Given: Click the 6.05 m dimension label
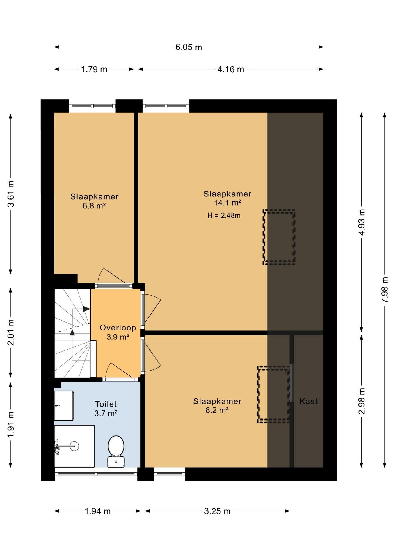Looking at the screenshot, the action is (188, 47).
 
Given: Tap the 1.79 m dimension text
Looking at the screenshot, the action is (94, 69).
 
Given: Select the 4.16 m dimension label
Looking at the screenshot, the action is (231, 69).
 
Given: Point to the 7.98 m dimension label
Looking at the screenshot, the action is (385, 290).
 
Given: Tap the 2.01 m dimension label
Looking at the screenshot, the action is (11, 332).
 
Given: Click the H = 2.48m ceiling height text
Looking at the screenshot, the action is (224, 216).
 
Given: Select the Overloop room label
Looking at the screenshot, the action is (118, 328).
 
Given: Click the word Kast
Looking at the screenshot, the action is (309, 401).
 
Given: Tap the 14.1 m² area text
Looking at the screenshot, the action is (227, 203).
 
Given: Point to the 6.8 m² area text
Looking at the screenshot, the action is (94, 206).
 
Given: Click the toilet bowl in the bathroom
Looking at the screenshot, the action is (116, 451).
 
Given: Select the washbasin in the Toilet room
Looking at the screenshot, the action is (64, 405).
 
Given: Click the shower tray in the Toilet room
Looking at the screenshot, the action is (74, 446).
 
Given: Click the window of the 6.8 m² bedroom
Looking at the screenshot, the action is (92, 106).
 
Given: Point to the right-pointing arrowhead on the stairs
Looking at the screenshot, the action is (86, 309).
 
